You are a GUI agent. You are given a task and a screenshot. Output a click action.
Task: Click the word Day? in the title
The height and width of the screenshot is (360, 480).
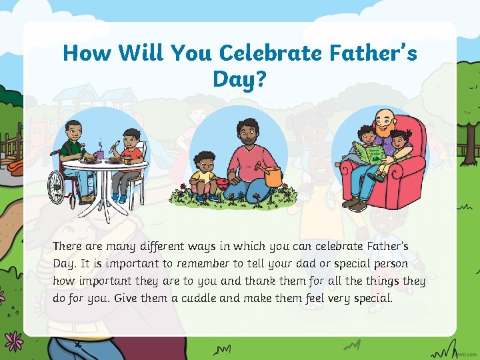[239, 79]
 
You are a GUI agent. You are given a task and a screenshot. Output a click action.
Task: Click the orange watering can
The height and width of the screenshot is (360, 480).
[273, 176]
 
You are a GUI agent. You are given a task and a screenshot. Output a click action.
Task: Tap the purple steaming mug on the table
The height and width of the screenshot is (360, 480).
[99, 154]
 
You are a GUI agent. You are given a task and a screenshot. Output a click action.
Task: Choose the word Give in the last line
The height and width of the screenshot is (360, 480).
[127, 298]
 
